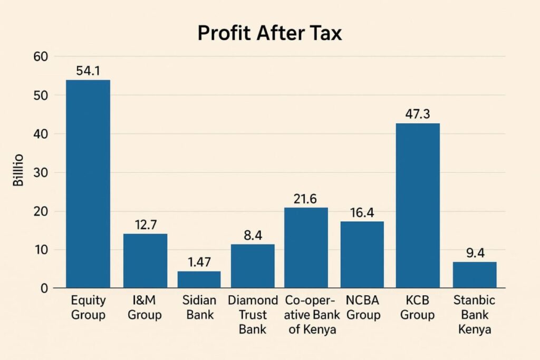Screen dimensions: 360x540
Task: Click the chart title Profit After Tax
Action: (269, 33)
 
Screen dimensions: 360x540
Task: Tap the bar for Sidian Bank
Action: (199, 279)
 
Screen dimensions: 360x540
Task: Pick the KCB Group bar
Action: (418, 206)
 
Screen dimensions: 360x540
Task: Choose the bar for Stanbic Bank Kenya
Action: (475, 275)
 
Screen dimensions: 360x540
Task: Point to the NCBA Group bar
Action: (362, 255)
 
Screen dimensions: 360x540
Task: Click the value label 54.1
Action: (88, 71)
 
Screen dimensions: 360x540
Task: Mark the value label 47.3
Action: (418, 114)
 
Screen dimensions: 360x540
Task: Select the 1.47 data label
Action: (199, 262)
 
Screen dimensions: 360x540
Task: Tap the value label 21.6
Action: (305, 199)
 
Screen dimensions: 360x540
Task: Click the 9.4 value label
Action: (475, 253)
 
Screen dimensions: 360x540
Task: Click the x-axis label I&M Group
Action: (145, 308)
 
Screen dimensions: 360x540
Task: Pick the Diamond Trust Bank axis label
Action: (253, 315)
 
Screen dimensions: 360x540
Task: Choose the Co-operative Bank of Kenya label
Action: (311, 315)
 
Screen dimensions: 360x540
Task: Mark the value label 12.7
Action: (145, 225)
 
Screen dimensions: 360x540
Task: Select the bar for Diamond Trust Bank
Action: (253, 266)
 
